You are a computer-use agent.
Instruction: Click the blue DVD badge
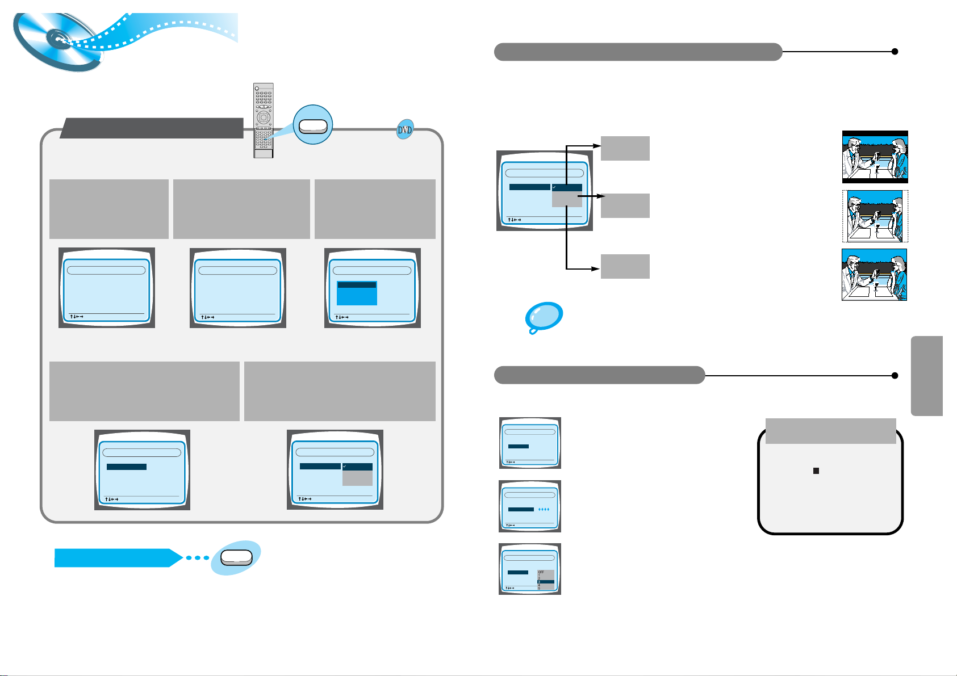[404, 130]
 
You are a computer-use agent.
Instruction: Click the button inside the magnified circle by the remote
[313, 126]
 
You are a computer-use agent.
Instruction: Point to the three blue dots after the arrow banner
[198, 558]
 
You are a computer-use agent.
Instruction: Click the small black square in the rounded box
[816, 471]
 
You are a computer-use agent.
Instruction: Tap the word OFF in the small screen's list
[541, 572]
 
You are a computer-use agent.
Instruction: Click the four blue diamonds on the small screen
[544, 510]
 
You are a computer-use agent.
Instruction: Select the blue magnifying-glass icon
[544, 317]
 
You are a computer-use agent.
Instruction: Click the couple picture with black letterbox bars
[875, 157]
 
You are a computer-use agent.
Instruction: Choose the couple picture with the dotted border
[875, 216]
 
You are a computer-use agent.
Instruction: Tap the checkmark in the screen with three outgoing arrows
[554, 187]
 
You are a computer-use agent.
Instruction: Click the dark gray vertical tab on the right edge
[927, 376]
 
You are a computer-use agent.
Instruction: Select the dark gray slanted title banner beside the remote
[152, 128]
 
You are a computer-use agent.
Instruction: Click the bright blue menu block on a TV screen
[357, 293]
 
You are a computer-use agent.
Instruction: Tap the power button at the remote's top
[257, 88]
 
